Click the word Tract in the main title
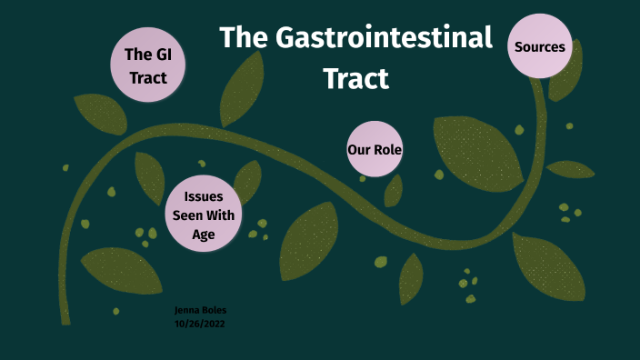(x=356, y=78)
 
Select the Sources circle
(x=540, y=46)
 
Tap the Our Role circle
(x=375, y=149)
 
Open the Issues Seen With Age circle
(x=204, y=215)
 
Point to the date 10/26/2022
(x=199, y=323)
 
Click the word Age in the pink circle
(x=204, y=234)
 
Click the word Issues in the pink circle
(x=204, y=196)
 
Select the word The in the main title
(x=241, y=38)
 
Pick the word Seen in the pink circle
(x=189, y=215)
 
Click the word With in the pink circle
(x=222, y=215)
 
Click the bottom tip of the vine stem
(x=65, y=318)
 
